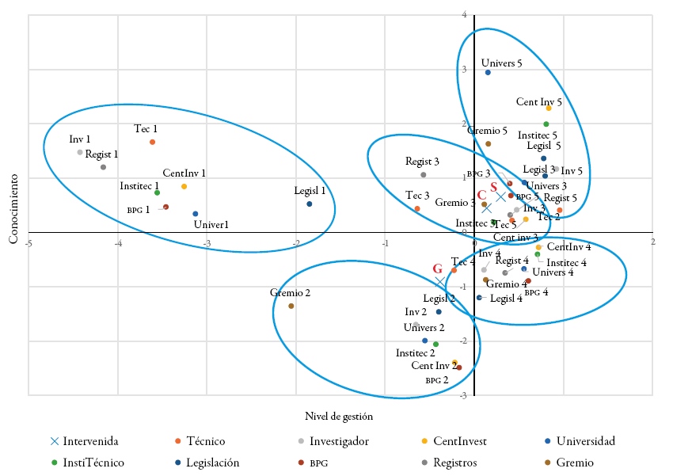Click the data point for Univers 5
488,72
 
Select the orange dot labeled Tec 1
152,142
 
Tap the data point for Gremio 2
291,306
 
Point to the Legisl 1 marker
309,204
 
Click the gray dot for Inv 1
80,152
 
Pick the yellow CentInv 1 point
184,186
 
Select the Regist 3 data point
424,174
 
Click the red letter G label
437,268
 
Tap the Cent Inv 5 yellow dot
549,108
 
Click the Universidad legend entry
585,441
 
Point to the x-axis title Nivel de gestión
339,415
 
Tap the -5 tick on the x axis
29,242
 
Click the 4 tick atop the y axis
464,15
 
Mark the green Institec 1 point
158,192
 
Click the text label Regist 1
102,154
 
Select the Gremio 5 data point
488,143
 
